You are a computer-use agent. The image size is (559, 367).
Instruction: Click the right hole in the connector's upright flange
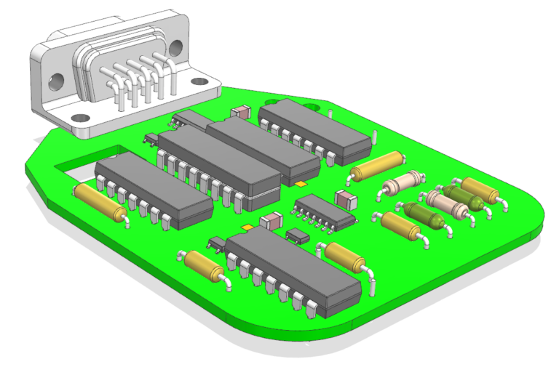[175, 48]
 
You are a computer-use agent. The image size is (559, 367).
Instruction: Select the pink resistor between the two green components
[446, 203]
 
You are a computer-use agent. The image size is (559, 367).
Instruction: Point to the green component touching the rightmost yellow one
[463, 197]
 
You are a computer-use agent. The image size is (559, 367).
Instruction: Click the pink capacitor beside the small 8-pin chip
[344, 197]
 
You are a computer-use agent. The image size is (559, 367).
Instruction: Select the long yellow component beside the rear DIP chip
[377, 166]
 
